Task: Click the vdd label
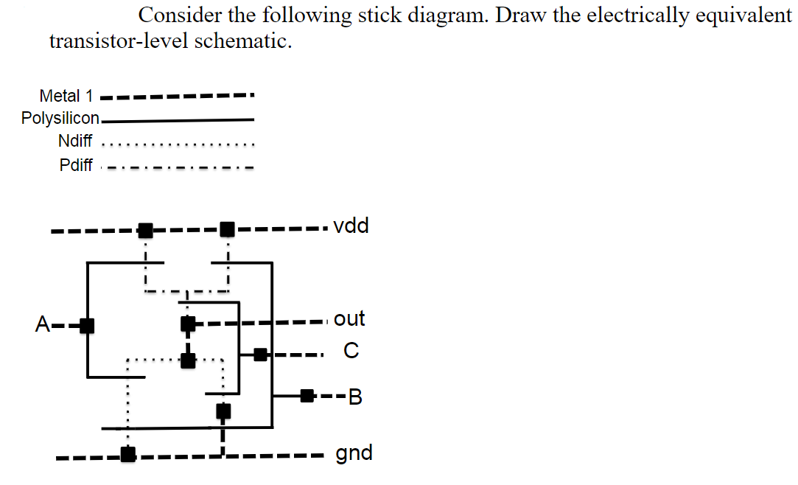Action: point(351,226)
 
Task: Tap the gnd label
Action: point(354,452)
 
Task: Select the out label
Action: point(349,319)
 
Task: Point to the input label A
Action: point(43,324)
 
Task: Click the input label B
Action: point(355,398)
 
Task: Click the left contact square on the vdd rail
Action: point(146,231)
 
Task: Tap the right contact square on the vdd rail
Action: point(228,231)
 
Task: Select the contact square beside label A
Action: point(87,325)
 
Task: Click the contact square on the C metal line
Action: point(260,355)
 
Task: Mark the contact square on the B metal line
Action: point(307,397)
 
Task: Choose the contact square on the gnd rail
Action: point(128,455)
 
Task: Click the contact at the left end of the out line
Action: point(188,323)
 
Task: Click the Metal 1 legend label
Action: point(66,96)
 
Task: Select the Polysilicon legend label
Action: point(60,119)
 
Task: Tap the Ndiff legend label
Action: point(74,142)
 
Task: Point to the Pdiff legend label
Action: point(75,165)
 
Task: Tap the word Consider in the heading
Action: point(177,15)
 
